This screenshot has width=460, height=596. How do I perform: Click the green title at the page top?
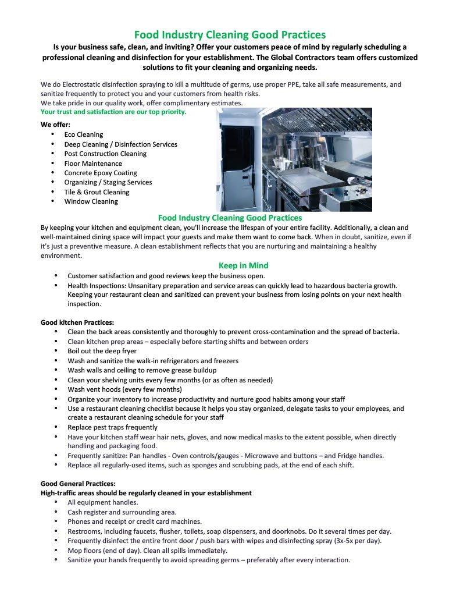click(230, 35)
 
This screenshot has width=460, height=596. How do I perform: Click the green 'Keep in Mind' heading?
click(243, 265)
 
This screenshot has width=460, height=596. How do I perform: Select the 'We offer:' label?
click(56, 125)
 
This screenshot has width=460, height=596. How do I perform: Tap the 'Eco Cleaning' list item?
click(84, 134)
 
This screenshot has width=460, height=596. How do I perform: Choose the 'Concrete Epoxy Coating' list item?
click(101, 173)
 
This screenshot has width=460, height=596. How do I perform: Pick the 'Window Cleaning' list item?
click(91, 201)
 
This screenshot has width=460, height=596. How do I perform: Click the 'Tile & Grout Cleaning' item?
click(97, 192)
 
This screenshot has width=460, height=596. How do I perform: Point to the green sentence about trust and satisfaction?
click(113, 112)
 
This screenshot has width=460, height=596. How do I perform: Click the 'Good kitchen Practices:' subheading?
click(77, 322)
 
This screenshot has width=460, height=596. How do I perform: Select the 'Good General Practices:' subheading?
click(78, 484)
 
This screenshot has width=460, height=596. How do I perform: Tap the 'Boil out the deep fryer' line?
click(102, 351)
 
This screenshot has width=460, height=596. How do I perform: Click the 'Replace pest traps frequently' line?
click(112, 427)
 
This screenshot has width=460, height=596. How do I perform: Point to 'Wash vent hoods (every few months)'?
click(124, 389)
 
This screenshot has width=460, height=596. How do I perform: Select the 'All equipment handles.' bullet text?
click(103, 502)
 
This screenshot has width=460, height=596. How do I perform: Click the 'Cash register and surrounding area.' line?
click(122, 512)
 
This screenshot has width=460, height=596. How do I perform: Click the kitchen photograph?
click(294, 159)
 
